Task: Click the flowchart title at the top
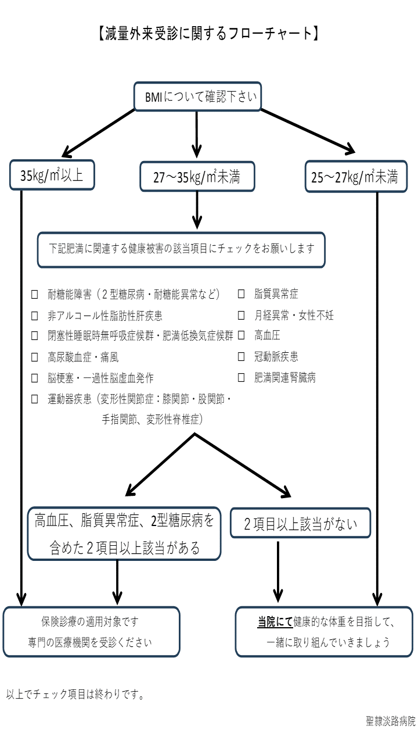208,33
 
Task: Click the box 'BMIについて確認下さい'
198,96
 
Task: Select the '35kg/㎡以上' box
52,175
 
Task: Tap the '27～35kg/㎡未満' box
197,176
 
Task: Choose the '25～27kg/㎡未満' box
356,176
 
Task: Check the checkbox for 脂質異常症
241,294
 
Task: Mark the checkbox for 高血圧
241,335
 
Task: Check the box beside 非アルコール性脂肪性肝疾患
34,316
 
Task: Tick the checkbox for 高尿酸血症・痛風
34,357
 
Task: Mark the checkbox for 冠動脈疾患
241,356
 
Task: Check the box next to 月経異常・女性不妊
241,315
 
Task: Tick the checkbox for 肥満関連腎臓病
241,377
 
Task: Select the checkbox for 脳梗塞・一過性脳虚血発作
34,378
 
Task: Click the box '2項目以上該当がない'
300,523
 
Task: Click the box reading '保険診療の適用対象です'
92,632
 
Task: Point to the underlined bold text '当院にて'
275,621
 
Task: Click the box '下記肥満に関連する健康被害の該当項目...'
181,250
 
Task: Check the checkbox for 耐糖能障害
34,294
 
